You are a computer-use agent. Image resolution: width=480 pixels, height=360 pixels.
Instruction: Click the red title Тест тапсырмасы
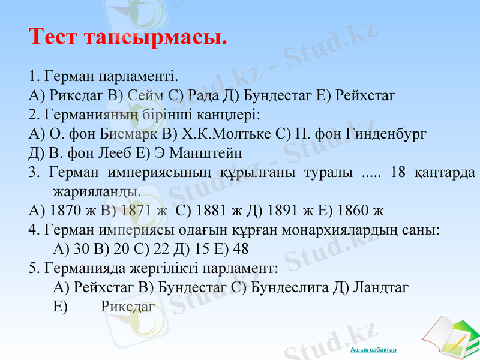(x=128, y=37)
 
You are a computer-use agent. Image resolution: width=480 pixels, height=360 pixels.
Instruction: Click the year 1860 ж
(x=361, y=211)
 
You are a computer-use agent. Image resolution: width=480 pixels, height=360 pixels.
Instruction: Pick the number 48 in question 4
(x=240, y=249)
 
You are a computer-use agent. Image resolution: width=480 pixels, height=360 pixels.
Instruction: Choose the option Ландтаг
(x=380, y=287)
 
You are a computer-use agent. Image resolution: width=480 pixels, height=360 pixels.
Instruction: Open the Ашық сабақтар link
(x=373, y=350)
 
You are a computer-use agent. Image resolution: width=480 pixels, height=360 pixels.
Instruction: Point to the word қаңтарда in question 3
(x=445, y=173)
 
